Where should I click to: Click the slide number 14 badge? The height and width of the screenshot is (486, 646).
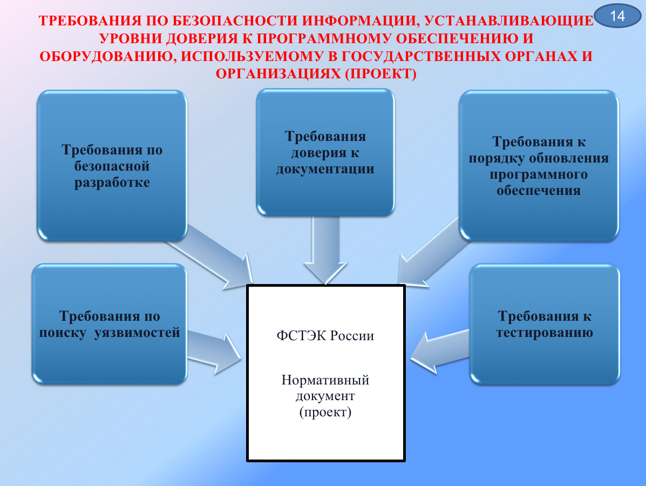click(617, 16)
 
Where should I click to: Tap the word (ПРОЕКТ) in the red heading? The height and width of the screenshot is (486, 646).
click(380, 74)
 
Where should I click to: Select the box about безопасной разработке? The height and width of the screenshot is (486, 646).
click(112, 166)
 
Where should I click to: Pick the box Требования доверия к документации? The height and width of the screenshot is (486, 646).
click(325, 152)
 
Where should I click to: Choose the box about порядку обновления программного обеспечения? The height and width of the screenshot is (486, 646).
click(539, 166)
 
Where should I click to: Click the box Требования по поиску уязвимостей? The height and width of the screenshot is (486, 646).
click(110, 324)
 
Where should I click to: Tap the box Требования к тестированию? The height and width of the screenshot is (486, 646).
click(545, 325)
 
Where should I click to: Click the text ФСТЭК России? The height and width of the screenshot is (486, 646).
click(325, 335)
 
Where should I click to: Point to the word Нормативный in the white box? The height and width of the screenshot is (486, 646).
click(325, 380)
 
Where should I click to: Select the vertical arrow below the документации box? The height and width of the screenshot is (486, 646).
click(325, 250)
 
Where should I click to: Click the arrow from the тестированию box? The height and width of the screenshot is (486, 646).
click(440, 352)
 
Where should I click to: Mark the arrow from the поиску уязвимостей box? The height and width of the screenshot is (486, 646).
click(214, 352)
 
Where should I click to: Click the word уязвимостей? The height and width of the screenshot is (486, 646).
click(137, 333)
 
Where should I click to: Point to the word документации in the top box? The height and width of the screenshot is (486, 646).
click(325, 169)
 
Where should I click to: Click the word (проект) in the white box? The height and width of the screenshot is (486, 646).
click(325, 412)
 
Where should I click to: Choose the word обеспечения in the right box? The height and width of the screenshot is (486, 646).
click(539, 191)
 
